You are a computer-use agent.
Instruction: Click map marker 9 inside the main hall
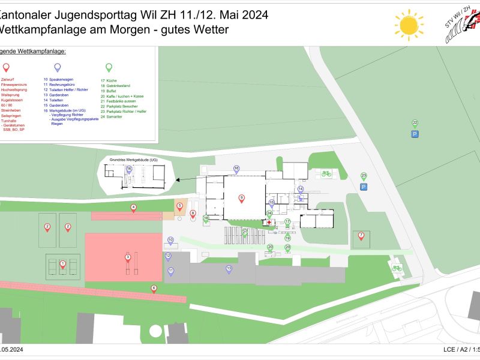241,197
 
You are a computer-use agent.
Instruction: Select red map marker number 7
361,236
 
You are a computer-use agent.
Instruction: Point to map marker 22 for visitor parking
415,124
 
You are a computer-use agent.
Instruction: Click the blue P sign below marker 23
364,188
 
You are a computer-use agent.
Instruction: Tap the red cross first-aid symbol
269,223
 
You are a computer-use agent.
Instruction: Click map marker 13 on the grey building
229,268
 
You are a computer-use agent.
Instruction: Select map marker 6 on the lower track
154,289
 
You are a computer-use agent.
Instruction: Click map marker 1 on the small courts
63,263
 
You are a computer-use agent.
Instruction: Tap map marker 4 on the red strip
133,208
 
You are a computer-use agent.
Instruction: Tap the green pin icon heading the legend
109,67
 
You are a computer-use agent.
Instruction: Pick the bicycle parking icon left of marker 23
326,173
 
